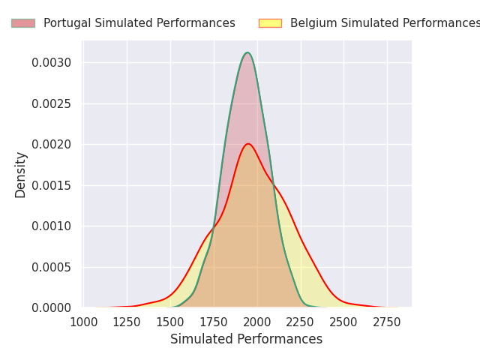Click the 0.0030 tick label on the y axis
pos(52,62)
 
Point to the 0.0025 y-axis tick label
pos(52,103)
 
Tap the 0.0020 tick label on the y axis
pos(52,144)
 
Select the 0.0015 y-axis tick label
pos(52,185)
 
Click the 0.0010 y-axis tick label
pos(52,226)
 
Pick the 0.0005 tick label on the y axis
pos(52,267)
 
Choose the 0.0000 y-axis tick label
pos(52,307)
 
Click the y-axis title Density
pos(21,174)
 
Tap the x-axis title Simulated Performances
pos(246,340)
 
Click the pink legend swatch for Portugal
pos(22,23)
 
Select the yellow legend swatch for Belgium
pos(270,23)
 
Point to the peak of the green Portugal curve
pos(247,52)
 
